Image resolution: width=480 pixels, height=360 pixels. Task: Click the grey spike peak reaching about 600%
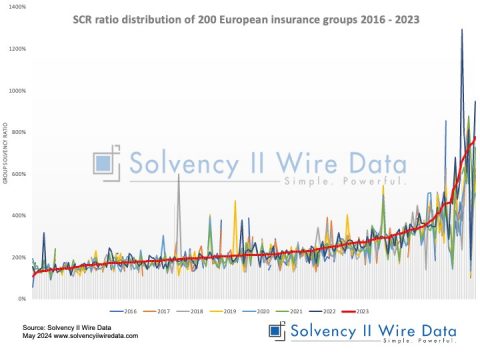[x=178, y=175]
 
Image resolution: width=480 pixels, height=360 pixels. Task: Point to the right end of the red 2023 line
[x=475, y=137]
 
